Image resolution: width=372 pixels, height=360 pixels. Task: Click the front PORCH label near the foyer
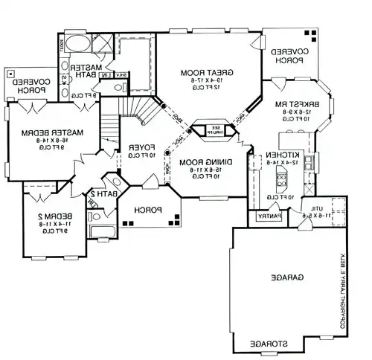point(146,210)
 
